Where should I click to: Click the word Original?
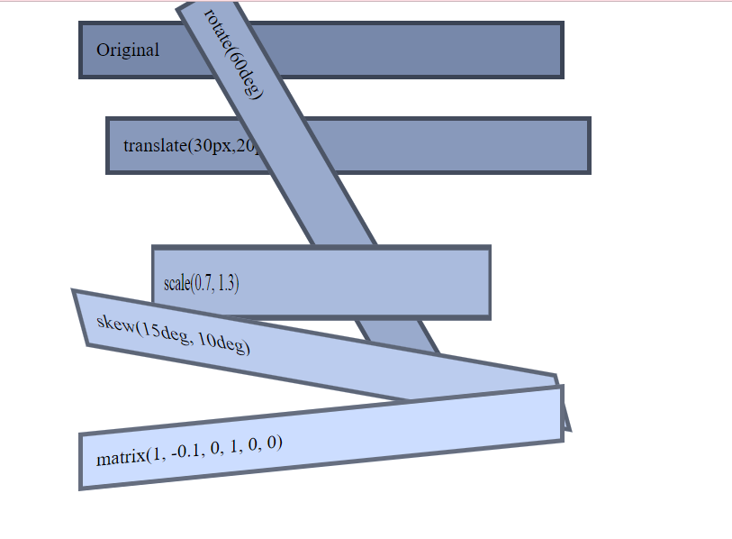[x=128, y=50]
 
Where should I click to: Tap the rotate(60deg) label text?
[x=232, y=54]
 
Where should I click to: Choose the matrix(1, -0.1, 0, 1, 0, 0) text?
[x=189, y=450]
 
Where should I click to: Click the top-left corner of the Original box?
[x=79, y=22]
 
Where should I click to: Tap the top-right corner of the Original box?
[x=564, y=22]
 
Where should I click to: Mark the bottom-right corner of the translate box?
[x=591, y=173]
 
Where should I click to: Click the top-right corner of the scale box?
[x=491, y=245]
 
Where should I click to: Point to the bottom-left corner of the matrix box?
[x=79, y=489]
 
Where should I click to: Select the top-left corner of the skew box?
[x=72, y=289]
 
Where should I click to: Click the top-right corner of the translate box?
[x=591, y=117]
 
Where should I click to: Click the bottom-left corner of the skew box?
[x=86, y=345]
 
